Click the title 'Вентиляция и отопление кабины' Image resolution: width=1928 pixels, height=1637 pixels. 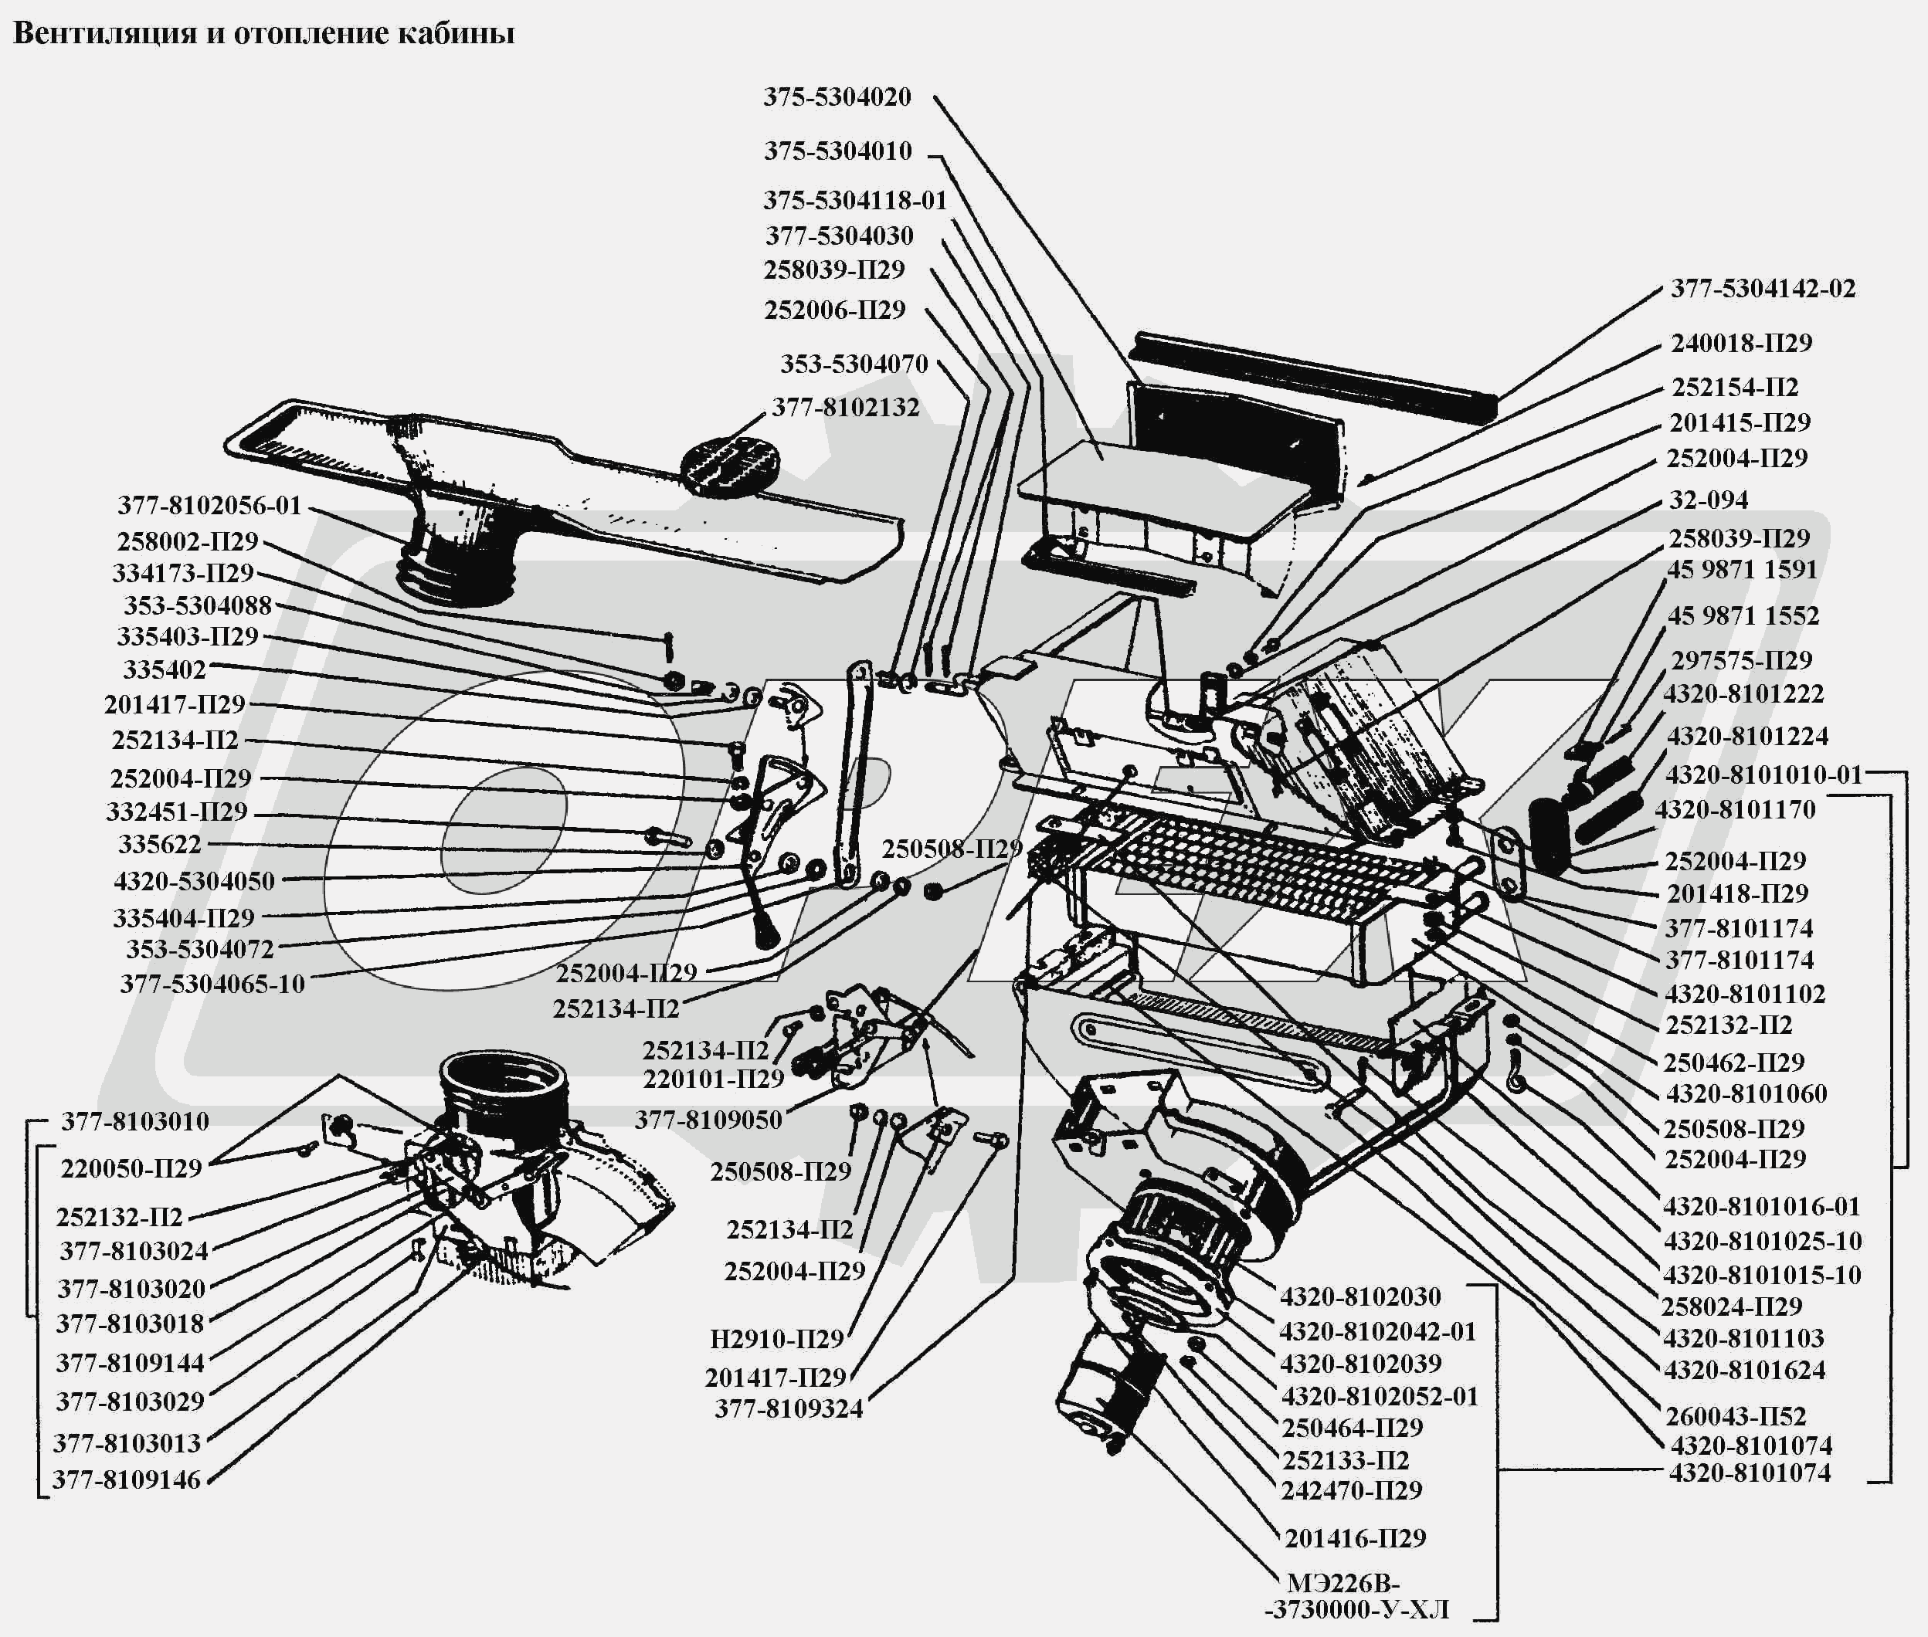(x=263, y=33)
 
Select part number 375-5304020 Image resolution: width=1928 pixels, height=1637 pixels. (x=837, y=97)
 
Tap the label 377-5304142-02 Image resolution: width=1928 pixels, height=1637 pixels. (x=1763, y=289)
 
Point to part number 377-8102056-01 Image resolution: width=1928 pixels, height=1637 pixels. (x=210, y=506)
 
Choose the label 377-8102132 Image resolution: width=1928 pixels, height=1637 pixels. (x=845, y=408)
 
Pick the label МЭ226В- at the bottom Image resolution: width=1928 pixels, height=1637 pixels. (x=1342, y=1583)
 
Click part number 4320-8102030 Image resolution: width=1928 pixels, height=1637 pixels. (x=1360, y=1296)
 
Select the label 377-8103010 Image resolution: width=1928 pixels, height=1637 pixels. (x=135, y=1121)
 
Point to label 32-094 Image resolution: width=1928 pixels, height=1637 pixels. (x=1708, y=500)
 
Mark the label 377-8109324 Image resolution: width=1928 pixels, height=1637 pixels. (x=788, y=1408)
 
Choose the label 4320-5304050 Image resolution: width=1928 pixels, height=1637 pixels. (x=194, y=881)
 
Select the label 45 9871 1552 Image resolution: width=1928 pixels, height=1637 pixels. (x=1743, y=616)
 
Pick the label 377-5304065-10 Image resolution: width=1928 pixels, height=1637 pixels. (x=212, y=984)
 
